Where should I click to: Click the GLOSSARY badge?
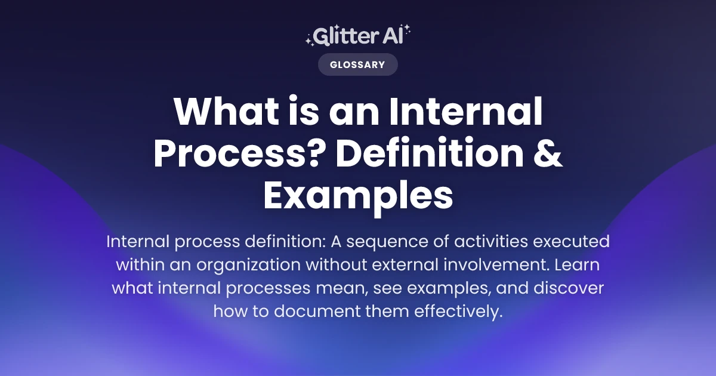tap(357, 64)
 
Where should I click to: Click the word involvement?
tap(501, 266)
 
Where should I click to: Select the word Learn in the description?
tap(582, 266)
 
